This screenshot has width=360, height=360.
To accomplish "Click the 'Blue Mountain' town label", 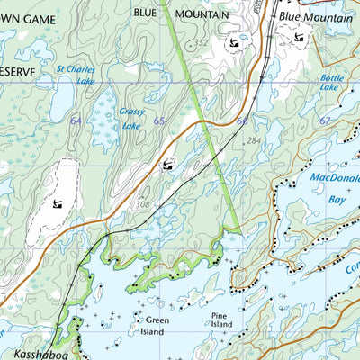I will coord(315,17).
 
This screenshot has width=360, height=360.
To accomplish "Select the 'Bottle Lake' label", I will coord(331,84).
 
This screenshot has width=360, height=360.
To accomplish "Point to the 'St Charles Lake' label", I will coord(76,73).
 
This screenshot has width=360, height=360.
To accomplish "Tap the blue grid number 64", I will coord(76,121).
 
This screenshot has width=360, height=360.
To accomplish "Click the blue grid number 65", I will coord(158,121).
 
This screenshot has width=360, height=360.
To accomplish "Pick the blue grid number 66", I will coord(242,121).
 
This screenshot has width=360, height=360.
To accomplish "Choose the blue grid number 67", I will coord(325,121).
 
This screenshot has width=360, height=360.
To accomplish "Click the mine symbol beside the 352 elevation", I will coord(235,42).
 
